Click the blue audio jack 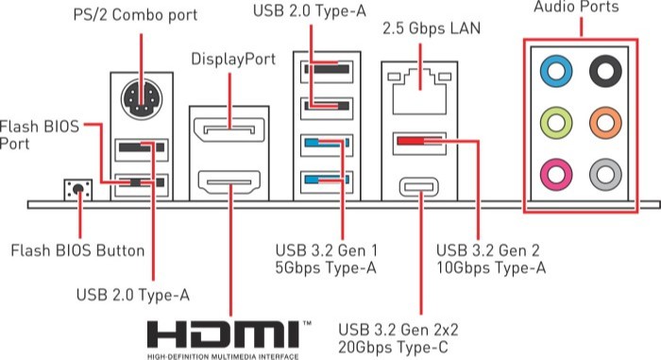pos(556,71)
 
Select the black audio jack pos(605,71)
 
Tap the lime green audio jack pos(556,123)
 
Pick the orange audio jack pos(605,123)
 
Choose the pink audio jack pos(556,174)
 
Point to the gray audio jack pos(605,174)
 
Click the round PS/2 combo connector pos(142,99)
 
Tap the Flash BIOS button pos(78,190)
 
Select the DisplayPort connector pos(229,129)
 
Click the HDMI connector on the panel pos(229,182)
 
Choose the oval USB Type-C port pos(419,187)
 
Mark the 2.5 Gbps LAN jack pos(419,92)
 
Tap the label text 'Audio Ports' pos(576,7)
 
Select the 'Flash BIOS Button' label pos(77,250)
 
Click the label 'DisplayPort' pos(233,60)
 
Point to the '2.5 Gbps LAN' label pos(432,28)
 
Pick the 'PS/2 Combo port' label pos(135,15)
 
